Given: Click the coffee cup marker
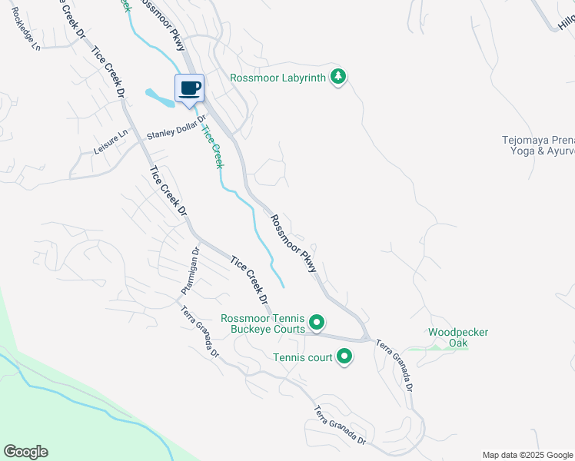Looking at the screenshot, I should (190, 88).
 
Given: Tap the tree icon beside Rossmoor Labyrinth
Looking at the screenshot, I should (337, 76).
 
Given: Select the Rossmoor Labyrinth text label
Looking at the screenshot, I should (278, 77).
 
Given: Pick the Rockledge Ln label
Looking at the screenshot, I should (25, 35).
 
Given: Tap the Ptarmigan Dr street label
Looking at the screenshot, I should (190, 270).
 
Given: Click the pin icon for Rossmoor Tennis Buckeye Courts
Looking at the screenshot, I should (317, 322).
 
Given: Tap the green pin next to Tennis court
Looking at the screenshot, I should (344, 357).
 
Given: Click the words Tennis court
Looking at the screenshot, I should (302, 357).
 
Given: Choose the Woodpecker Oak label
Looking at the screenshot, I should (458, 337).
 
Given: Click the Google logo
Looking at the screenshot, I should (25, 452).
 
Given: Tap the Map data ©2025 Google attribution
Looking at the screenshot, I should (527, 455).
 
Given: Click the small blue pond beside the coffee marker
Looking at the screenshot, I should (158, 98).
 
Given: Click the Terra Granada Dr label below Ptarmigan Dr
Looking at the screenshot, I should (201, 330).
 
